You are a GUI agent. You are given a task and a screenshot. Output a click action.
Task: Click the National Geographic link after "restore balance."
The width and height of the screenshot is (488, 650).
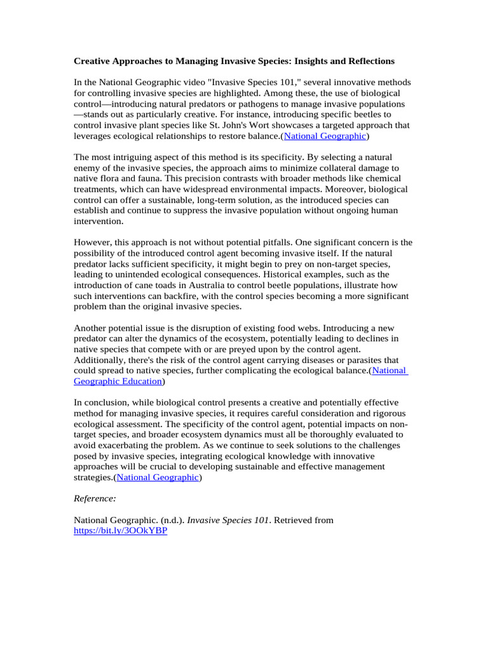[325, 136]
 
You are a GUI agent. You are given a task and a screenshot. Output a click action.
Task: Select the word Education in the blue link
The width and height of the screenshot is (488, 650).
[141, 381]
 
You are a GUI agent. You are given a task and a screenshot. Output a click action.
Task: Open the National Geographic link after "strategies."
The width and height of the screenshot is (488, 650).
[158, 477]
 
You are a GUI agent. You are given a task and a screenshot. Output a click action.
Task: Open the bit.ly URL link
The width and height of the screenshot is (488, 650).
[121, 531]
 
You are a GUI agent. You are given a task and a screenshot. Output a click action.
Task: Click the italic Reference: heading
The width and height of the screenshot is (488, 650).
[95, 499]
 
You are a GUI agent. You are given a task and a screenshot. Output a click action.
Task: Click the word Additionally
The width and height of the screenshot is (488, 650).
[104, 360]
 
